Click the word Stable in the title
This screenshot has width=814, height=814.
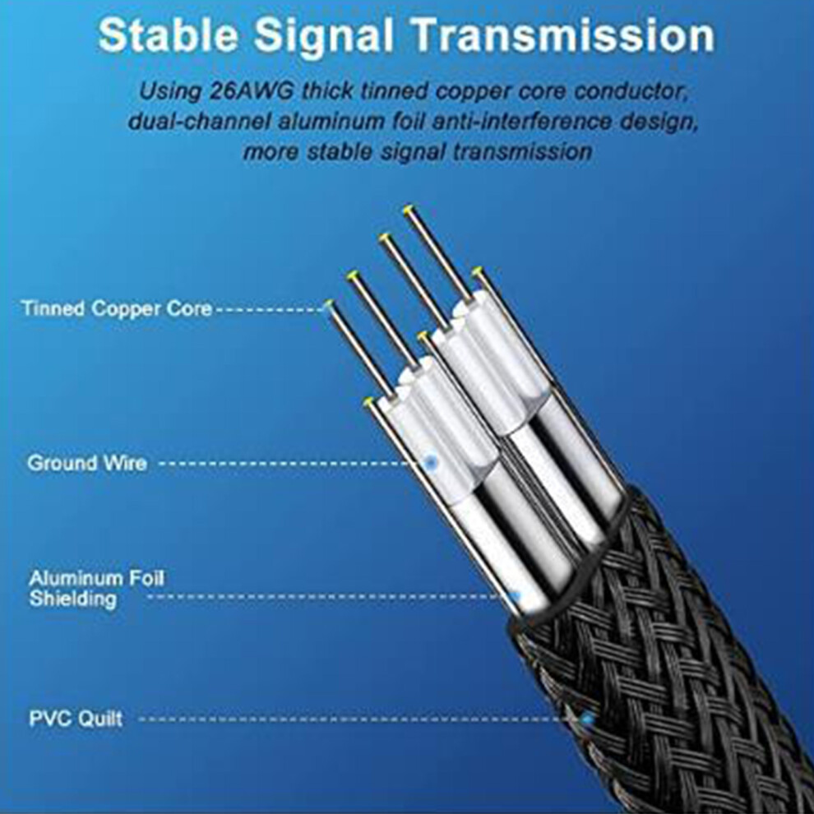point(169,35)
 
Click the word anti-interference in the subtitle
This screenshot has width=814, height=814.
point(521,122)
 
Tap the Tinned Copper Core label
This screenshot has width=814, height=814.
point(117,308)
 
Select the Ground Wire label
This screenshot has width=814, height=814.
point(86,463)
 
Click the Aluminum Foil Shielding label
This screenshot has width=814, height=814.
point(96,588)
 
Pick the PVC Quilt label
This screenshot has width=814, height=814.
point(76,719)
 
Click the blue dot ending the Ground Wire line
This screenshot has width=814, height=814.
point(430,461)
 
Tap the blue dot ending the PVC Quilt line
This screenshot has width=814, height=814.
point(588,719)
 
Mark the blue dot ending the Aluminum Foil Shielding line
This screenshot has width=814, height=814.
point(516,597)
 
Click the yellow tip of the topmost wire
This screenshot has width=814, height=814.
point(409,209)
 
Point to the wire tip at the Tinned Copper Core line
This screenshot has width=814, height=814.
point(328,304)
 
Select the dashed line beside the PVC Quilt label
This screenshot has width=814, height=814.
point(361,719)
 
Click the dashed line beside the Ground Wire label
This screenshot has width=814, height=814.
point(292,463)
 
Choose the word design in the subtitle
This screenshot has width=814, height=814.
point(658,123)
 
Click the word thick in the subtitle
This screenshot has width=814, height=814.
point(328,91)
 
